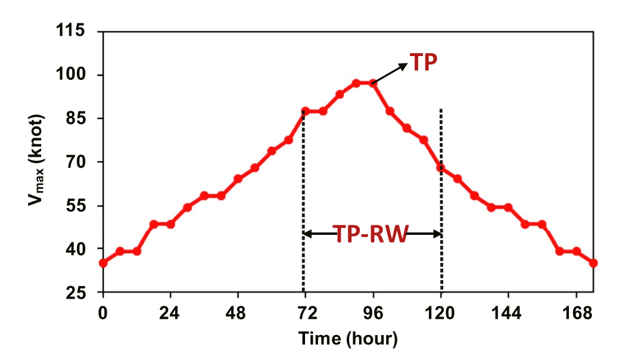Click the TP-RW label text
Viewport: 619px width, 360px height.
[x=370, y=234]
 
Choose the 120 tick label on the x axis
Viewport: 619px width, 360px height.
[x=441, y=312]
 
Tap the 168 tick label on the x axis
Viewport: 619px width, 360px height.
[x=576, y=312]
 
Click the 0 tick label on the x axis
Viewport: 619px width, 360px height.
[x=103, y=312]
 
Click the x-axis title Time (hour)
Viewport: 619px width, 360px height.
[x=347, y=339]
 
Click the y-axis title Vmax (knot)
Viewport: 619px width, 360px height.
[x=37, y=162]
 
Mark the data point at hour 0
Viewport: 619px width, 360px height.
[x=103, y=263]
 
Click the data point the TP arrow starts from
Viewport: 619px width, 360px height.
[x=373, y=83]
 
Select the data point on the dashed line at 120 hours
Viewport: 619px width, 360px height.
[x=441, y=168]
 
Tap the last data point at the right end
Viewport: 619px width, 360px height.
[x=593, y=263]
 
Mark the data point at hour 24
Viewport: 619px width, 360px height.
[x=170, y=224]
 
